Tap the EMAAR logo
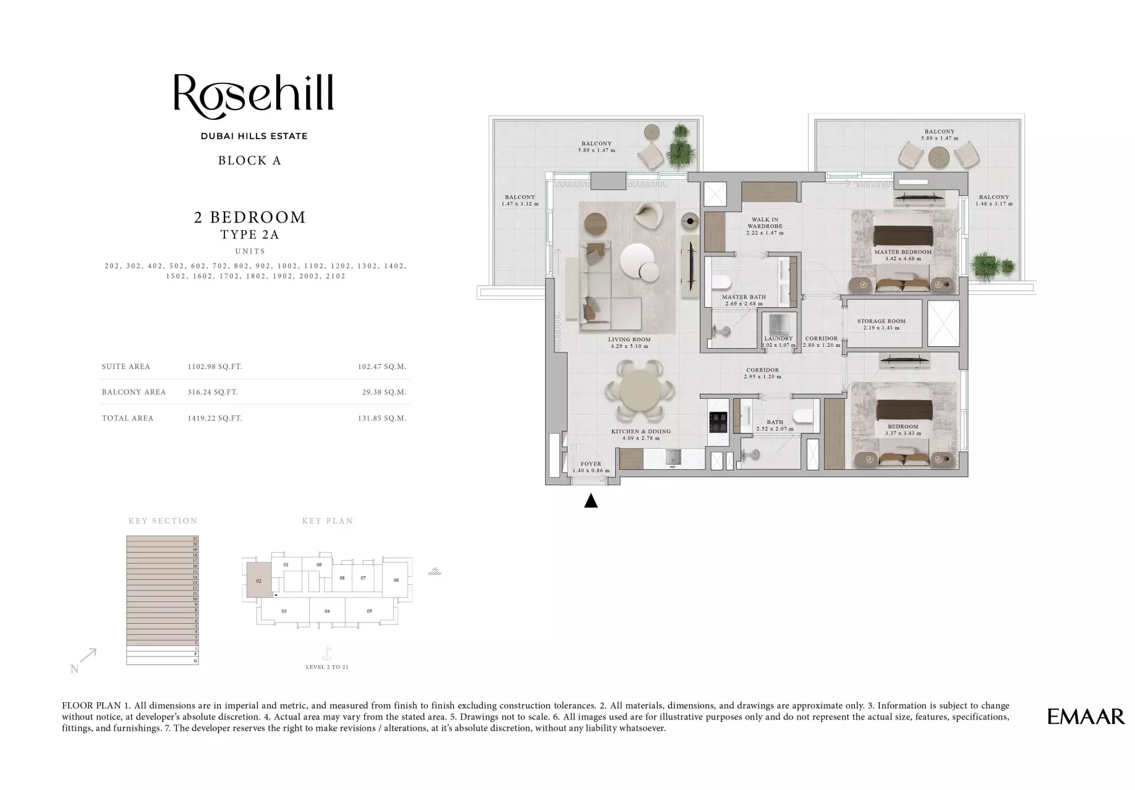coord(1086,716)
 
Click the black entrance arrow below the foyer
coord(591,501)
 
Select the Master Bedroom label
coord(903,252)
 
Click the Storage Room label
coord(881,321)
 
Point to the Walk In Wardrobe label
coord(765,223)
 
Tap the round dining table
coord(640,393)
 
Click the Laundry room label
coord(778,339)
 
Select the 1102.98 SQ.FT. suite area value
coord(215,367)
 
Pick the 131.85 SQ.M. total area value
coord(381,418)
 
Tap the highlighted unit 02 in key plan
coord(259,580)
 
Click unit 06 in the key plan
coord(396,580)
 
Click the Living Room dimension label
coord(629,347)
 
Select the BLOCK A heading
coord(250,161)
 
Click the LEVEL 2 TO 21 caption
coord(327,667)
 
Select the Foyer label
coord(591,464)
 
